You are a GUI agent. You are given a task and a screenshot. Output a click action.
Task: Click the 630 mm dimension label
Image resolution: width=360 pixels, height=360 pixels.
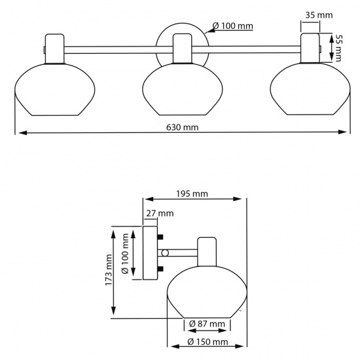(181, 127)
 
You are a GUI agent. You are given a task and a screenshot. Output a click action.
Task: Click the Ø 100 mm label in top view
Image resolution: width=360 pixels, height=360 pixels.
(232, 27)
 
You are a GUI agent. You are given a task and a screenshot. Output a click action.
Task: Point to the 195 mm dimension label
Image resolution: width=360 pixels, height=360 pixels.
(192, 193)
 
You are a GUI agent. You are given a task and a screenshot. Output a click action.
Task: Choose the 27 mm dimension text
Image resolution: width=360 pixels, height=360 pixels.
(160, 213)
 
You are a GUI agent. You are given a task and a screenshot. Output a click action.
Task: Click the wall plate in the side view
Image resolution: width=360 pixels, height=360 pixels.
(150, 253)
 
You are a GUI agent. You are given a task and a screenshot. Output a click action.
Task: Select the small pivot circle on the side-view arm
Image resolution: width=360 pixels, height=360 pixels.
(166, 253)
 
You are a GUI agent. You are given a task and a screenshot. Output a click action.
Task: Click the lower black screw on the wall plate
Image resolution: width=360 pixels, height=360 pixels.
(160, 268)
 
